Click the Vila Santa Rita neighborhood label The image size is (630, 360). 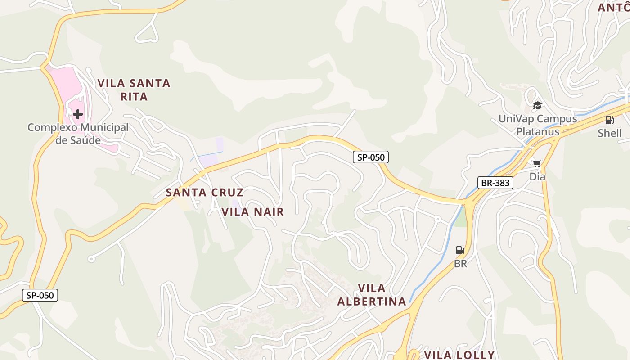pyautogui.click(x=134, y=90)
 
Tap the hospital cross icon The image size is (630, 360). pyautogui.click(x=78, y=114)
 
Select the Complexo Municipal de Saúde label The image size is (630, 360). pyautogui.click(x=78, y=134)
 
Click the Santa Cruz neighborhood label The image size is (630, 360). pyautogui.click(x=205, y=193)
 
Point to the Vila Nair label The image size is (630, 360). pyautogui.click(x=253, y=212)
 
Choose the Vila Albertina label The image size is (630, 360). pyautogui.click(x=372, y=295)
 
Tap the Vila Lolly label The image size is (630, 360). pyautogui.click(x=459, y=355)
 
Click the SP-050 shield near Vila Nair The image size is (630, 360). pyautogui.click(x=370, y=157)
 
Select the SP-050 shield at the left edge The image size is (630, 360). pyautogui.click(x=40, y=295)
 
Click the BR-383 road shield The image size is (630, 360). pyautogui.click(x=495, y=183)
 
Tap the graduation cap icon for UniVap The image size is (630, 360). pyautogui.click(x=537, y=106)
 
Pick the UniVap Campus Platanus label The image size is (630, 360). pyautogui.click(x=538, y=125)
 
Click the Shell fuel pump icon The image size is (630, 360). pyautogui.click(x=609, y=120)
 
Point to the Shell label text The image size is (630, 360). pyautogui.click(x=609, y=133)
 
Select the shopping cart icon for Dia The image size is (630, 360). pyautogui.click(x=537, y=163)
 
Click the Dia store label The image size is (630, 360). pyautogui.click(x=537, y=176)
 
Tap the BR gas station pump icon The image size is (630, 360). pyautogui.click(x=460, y=250)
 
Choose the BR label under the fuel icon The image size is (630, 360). pyautogui.click(x=460, y=264)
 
